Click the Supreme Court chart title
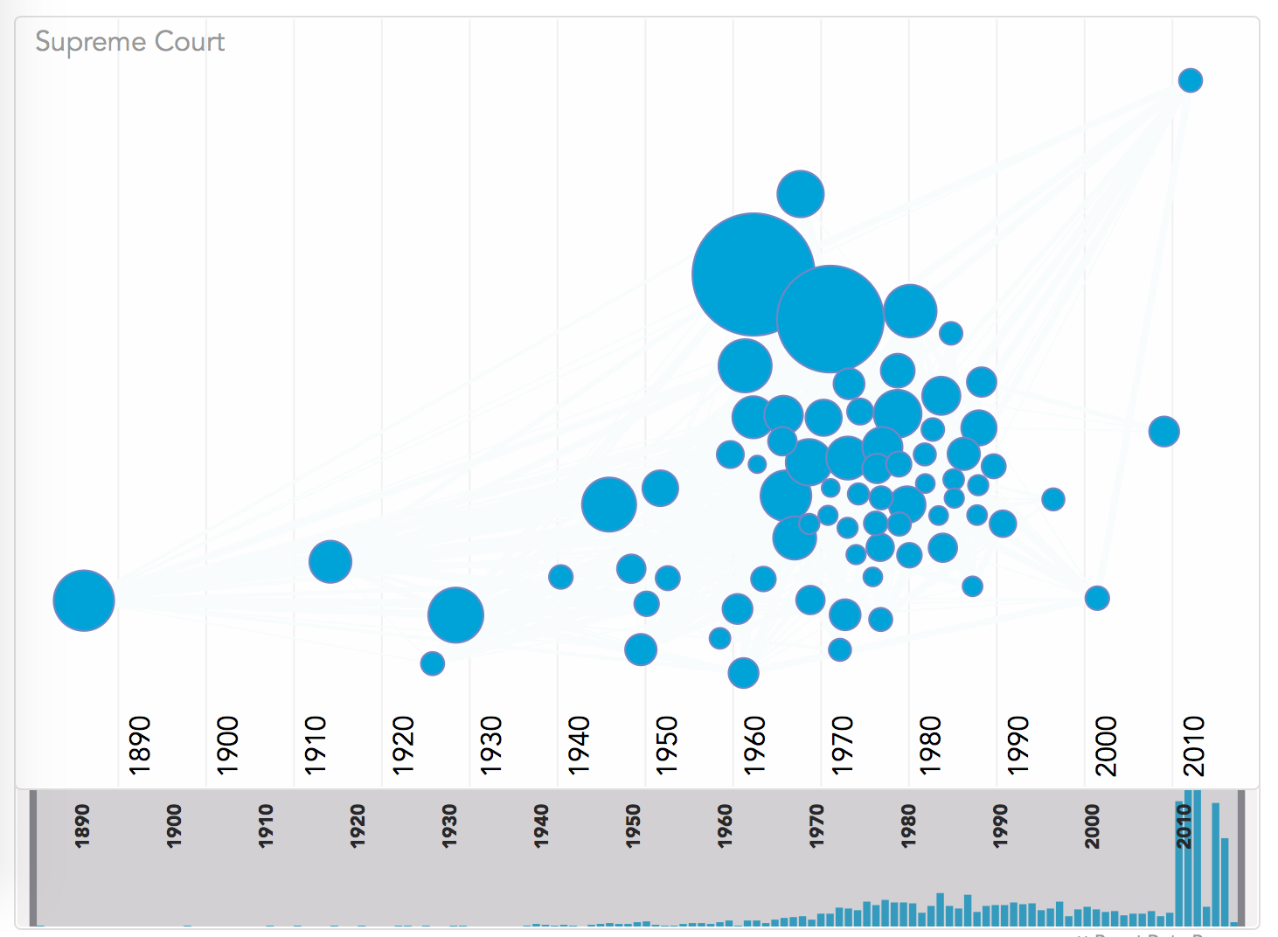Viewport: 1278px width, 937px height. point(129,42)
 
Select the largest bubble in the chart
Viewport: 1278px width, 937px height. point(753,274)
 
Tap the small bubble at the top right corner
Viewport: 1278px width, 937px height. point(1190,80)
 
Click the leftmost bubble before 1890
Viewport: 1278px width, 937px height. point(84,600)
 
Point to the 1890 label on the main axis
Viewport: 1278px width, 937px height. point(140,745)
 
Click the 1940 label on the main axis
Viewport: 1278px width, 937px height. point(579,745)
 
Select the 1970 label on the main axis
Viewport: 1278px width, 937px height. point(842,745)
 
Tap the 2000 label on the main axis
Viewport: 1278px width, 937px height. point(1106,745)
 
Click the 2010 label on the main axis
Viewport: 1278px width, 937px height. point(1194,745)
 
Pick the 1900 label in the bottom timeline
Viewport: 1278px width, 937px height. point(174,825)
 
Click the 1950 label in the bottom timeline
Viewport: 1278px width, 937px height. point(633,825)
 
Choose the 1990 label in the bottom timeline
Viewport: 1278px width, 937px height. point(1000,825)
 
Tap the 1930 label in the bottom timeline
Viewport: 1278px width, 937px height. point(449,825)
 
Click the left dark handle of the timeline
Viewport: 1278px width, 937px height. point(34,857)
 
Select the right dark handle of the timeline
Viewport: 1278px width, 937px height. point(1240,857)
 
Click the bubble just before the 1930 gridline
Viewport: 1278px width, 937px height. point(455,614)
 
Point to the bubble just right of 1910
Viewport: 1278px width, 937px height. point(330,561)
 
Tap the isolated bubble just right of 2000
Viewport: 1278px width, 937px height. point(1097,598)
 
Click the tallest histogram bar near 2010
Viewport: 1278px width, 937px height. point(1198,857)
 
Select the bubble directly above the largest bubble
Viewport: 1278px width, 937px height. point(800,193)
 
